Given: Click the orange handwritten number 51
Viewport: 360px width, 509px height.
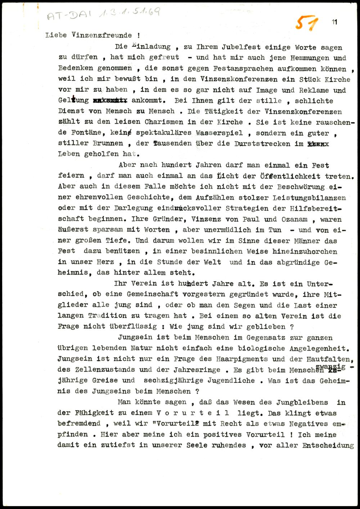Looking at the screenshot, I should (307, 24).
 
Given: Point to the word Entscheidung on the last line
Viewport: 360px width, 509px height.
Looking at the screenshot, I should (328, 445).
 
